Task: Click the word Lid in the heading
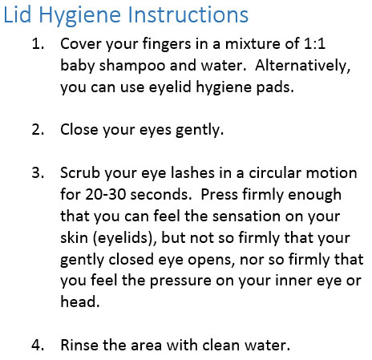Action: (x=17, y=14)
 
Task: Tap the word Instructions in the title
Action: (x=188, y=14)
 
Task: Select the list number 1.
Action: (x=38, y=44)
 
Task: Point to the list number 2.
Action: (x=38, y=130)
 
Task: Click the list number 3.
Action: (x=38, y=172)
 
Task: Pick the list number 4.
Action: (x=38, y=345)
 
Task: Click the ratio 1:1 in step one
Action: (x=314, y=44)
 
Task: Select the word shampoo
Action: (x=132, y=66)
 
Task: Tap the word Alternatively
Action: (x=303, y=66)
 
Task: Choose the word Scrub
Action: (x=80, y=172)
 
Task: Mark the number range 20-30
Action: (x=106, y=194)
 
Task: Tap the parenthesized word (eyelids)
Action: (x=124, y=238)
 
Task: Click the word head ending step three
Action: (x=80, y=301)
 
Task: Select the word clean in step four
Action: (x=221, y=345)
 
